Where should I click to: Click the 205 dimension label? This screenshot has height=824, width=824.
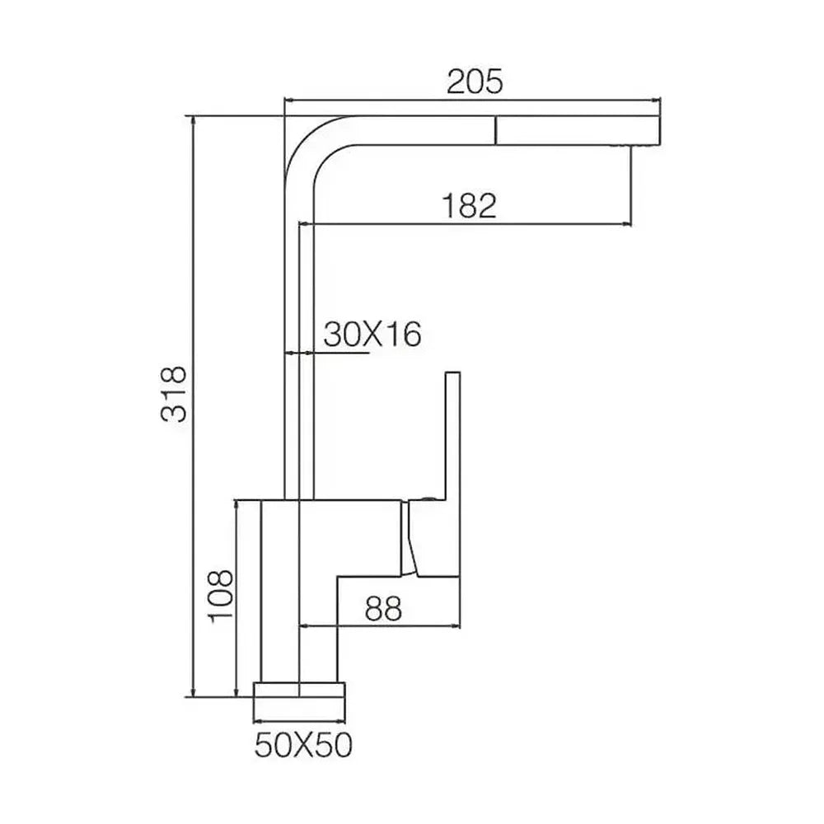coord(475,82)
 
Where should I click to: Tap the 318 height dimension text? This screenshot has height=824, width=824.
coord(174,394)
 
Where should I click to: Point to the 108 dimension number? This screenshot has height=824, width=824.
coord(220,596)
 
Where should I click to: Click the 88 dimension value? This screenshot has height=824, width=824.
coord(383,609)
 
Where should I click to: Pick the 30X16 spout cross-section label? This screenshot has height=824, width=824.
coord(372,334)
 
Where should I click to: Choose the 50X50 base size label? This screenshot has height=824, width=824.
coord(303,745)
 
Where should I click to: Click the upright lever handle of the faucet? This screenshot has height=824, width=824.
coord(452,436)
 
